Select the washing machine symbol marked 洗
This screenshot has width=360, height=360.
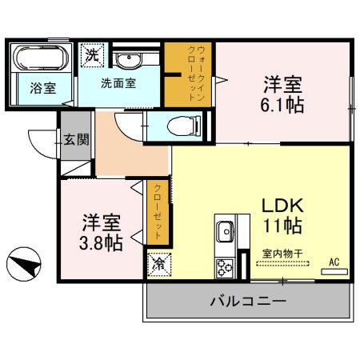(93, 56)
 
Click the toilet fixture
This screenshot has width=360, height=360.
(177, 124)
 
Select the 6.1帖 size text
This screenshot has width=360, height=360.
(284, 104)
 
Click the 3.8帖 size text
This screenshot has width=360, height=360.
(101, 242)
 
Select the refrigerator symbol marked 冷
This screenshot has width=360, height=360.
(157, 262)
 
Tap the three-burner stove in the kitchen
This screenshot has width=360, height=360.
(223, 266)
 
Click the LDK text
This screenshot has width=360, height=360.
(278, 204)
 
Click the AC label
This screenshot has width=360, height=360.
(334, 261)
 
